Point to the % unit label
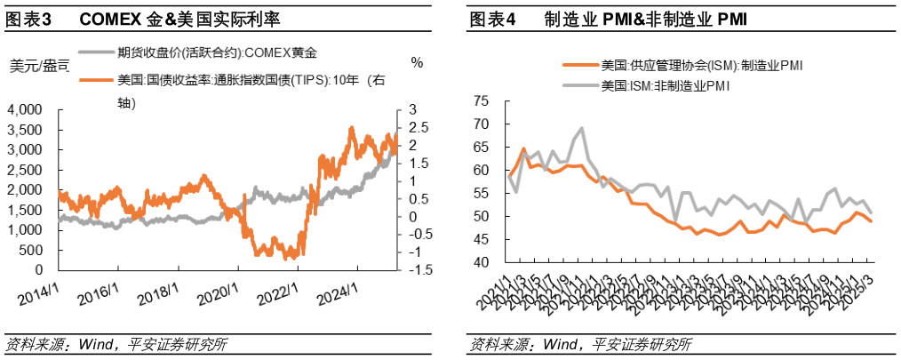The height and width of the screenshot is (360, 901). click(417, 63)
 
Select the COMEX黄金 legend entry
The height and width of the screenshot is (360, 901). click(213, 51)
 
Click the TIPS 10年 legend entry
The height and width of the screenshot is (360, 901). click(240, 80)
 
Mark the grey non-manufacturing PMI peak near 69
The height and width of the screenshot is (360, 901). click(581, 128)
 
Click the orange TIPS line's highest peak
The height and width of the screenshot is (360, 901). click(351, 128)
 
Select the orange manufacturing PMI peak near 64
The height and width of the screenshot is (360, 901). click(523, 148)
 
